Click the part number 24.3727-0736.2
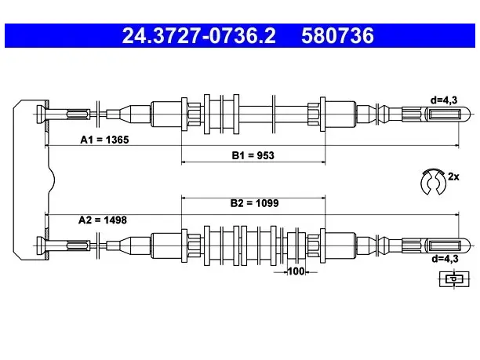coord(198,36)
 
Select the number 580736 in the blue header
coord(337,36)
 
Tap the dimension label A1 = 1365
coord(104,140)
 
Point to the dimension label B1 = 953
coord(253,155)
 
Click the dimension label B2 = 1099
coord(254,203)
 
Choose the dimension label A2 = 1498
coord(103,220)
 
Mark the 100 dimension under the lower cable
coord(296,271)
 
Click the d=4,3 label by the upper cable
coord(444,100)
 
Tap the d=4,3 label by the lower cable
coord(445,259)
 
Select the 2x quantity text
coord(453,176)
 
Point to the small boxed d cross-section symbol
coord(454,279)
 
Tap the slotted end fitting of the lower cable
coord(447,245)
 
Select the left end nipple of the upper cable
coord(41,115)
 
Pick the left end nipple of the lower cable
coord(41,245)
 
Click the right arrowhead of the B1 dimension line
coord(323,162)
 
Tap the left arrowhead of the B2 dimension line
coord(184,198)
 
